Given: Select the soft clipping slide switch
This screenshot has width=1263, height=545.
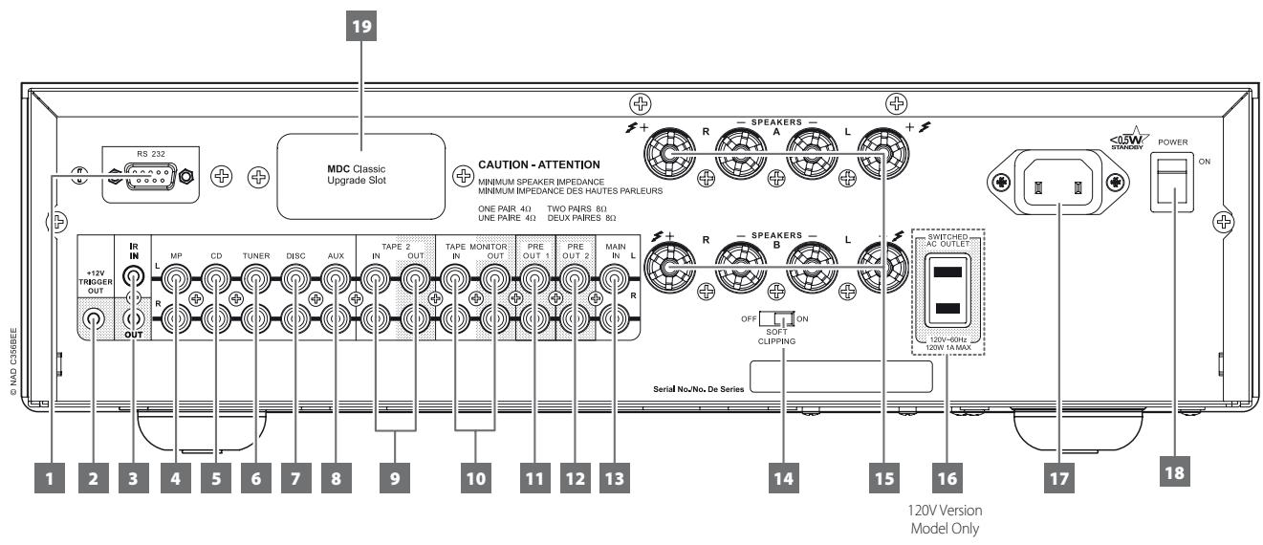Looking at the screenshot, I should click(783, 318).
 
